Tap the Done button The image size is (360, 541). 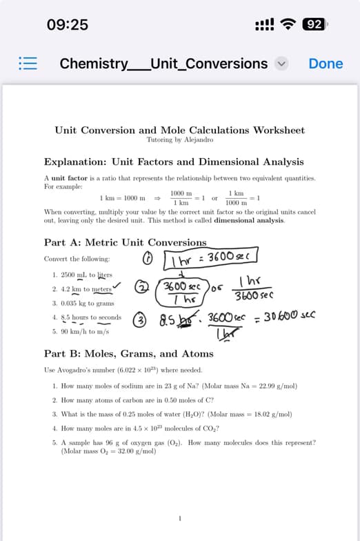click(326, 63)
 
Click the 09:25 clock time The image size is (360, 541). click(68, 25)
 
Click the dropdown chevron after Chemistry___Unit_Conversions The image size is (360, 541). click(281, 64)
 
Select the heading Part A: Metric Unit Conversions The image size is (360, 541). click(125, 243)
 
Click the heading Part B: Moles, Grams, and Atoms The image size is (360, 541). click(128, 354)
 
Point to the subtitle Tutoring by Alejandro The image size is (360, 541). click(179, 139)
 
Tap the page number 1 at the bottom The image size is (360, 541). click(179, 518)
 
